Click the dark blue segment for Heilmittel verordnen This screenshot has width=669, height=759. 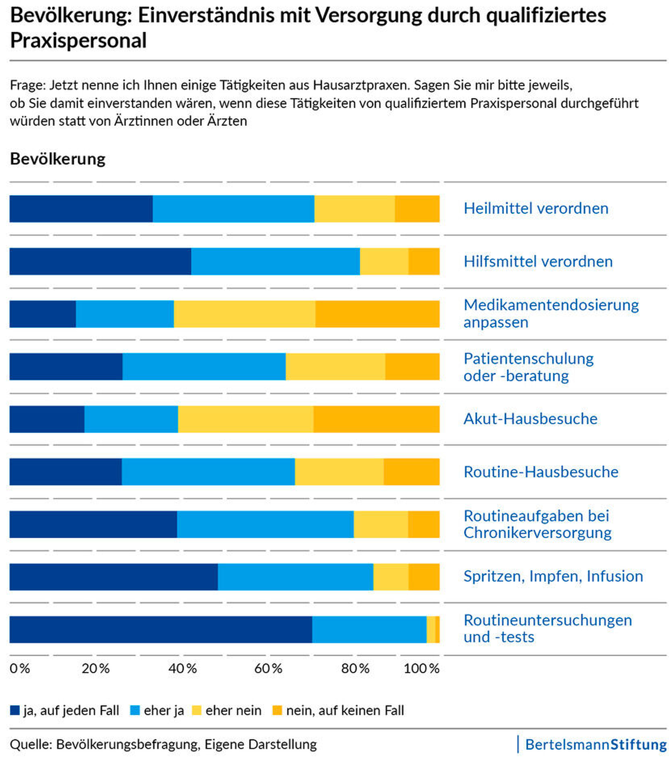pos(81,209)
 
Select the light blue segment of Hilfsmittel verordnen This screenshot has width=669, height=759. pos(275,261)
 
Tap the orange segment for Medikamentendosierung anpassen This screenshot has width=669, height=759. pos(377,314)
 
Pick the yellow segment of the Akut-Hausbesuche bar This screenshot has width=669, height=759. pos(245,419)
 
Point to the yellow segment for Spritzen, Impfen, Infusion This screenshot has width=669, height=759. pos(390,577)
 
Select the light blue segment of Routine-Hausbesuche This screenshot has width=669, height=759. pos(208,472)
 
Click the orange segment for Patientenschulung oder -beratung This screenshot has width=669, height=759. pos(412,367)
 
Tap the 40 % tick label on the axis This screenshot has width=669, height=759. pos(182,668)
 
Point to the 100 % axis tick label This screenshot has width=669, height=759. pos(421,668)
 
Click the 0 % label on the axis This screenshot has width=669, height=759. pos(20,668)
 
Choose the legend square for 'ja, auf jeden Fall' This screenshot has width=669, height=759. pos(14,710)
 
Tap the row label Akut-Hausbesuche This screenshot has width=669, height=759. pos(530,419)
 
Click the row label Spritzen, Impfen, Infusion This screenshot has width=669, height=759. pos(553,576)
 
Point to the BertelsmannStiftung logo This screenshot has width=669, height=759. pos(595,745)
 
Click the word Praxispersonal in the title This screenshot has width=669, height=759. pos(78,41)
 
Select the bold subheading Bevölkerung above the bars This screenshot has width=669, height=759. pos(57,159)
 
